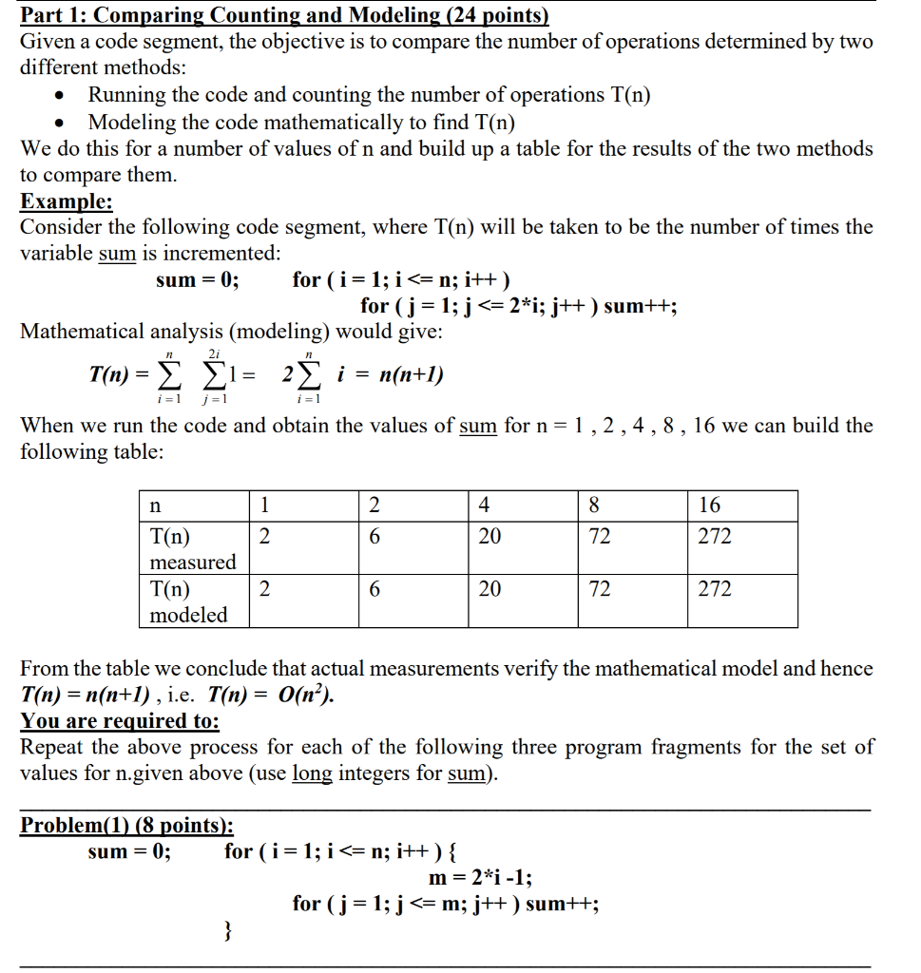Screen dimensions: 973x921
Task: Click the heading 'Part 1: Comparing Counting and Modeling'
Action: coord(285,16)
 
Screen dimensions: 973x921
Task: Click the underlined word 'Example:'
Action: coord(67,201)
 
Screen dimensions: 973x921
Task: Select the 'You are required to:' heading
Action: coord(120,720)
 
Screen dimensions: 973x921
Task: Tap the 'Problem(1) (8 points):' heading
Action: coord(126,825)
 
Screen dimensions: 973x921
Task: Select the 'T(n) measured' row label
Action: coord(193,548)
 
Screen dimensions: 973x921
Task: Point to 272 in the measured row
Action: coord(715,537)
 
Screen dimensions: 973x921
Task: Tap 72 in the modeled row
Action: coord(600,589)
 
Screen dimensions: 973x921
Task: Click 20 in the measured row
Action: coord(489,537)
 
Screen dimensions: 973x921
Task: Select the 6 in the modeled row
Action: coord(374,589)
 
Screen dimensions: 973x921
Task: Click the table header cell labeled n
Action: coord(157,505)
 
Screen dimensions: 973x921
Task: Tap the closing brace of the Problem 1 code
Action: coord(228,931)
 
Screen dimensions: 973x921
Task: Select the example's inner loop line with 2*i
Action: coord(519,306)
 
